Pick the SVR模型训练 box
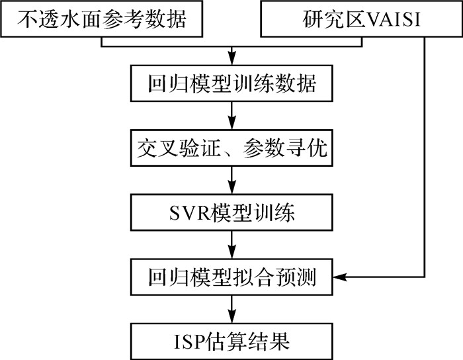[231, 212]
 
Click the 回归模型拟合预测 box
[231, 277]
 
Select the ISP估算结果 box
[231, 341]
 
